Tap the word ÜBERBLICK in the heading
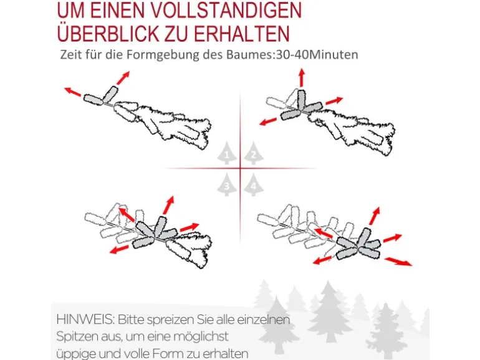click(x=108, y=33)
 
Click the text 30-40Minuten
click(x=317, y=55)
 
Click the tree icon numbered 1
click(x=227, y=153)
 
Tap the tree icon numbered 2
click(x=254, y=153)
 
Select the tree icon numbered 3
click(x=227, y=184)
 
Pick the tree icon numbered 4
click(x=254, y=184)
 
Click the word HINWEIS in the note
click(x=85, y=320)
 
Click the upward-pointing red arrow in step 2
click(x=302, y=77)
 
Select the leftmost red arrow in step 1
click(x=72, y=92)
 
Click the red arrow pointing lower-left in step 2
click(x=268, y=121)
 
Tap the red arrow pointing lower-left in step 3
click(x=119, y=249)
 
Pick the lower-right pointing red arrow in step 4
click(x=398, y=261)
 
